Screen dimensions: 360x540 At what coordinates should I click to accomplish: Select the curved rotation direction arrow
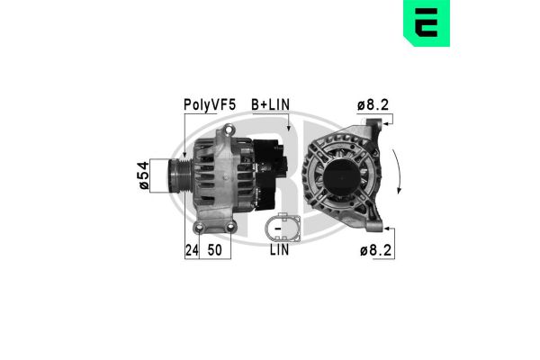(x=399, y=176)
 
